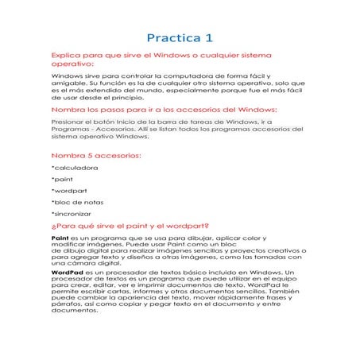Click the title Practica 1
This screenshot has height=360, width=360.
[x=180, y=37]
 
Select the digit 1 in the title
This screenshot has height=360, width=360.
[x=210, y=37]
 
